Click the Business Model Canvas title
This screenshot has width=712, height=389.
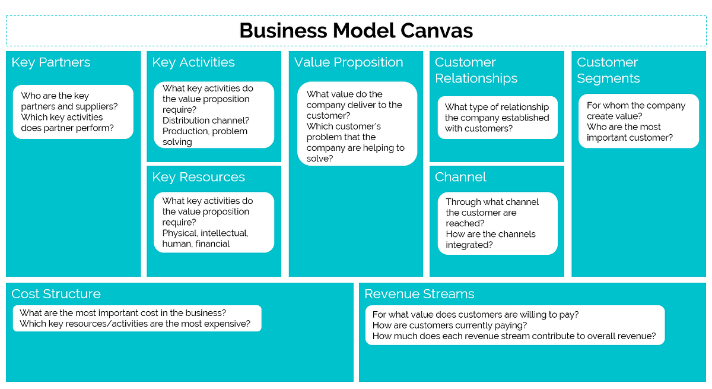[x=356, y=30]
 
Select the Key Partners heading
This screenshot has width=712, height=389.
[x=51, y=62]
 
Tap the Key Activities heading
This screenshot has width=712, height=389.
[x=193, y=62]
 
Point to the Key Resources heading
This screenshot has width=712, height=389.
[x=198, y=177]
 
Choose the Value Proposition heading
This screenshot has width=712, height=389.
[x=348, y=62]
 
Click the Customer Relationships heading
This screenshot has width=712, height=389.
[x=476, y=70]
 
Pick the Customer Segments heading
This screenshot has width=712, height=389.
[x=608, y=70]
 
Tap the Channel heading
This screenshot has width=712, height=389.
[x=460, y=177]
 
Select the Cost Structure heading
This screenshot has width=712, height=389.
[x=56, y=294]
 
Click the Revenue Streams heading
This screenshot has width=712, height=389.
[x=419, y=294]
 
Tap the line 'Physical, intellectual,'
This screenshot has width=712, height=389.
[x=205, y=233]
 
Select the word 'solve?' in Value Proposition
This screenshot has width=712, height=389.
[x=320, y=159]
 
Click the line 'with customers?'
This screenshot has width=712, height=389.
[x=478, y=128]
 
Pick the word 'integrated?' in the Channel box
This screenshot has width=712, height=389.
[x=469, y=245]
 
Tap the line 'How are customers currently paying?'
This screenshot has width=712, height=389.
[x=449, y=325]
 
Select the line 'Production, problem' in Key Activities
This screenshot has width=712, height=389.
[x=205, y=131]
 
